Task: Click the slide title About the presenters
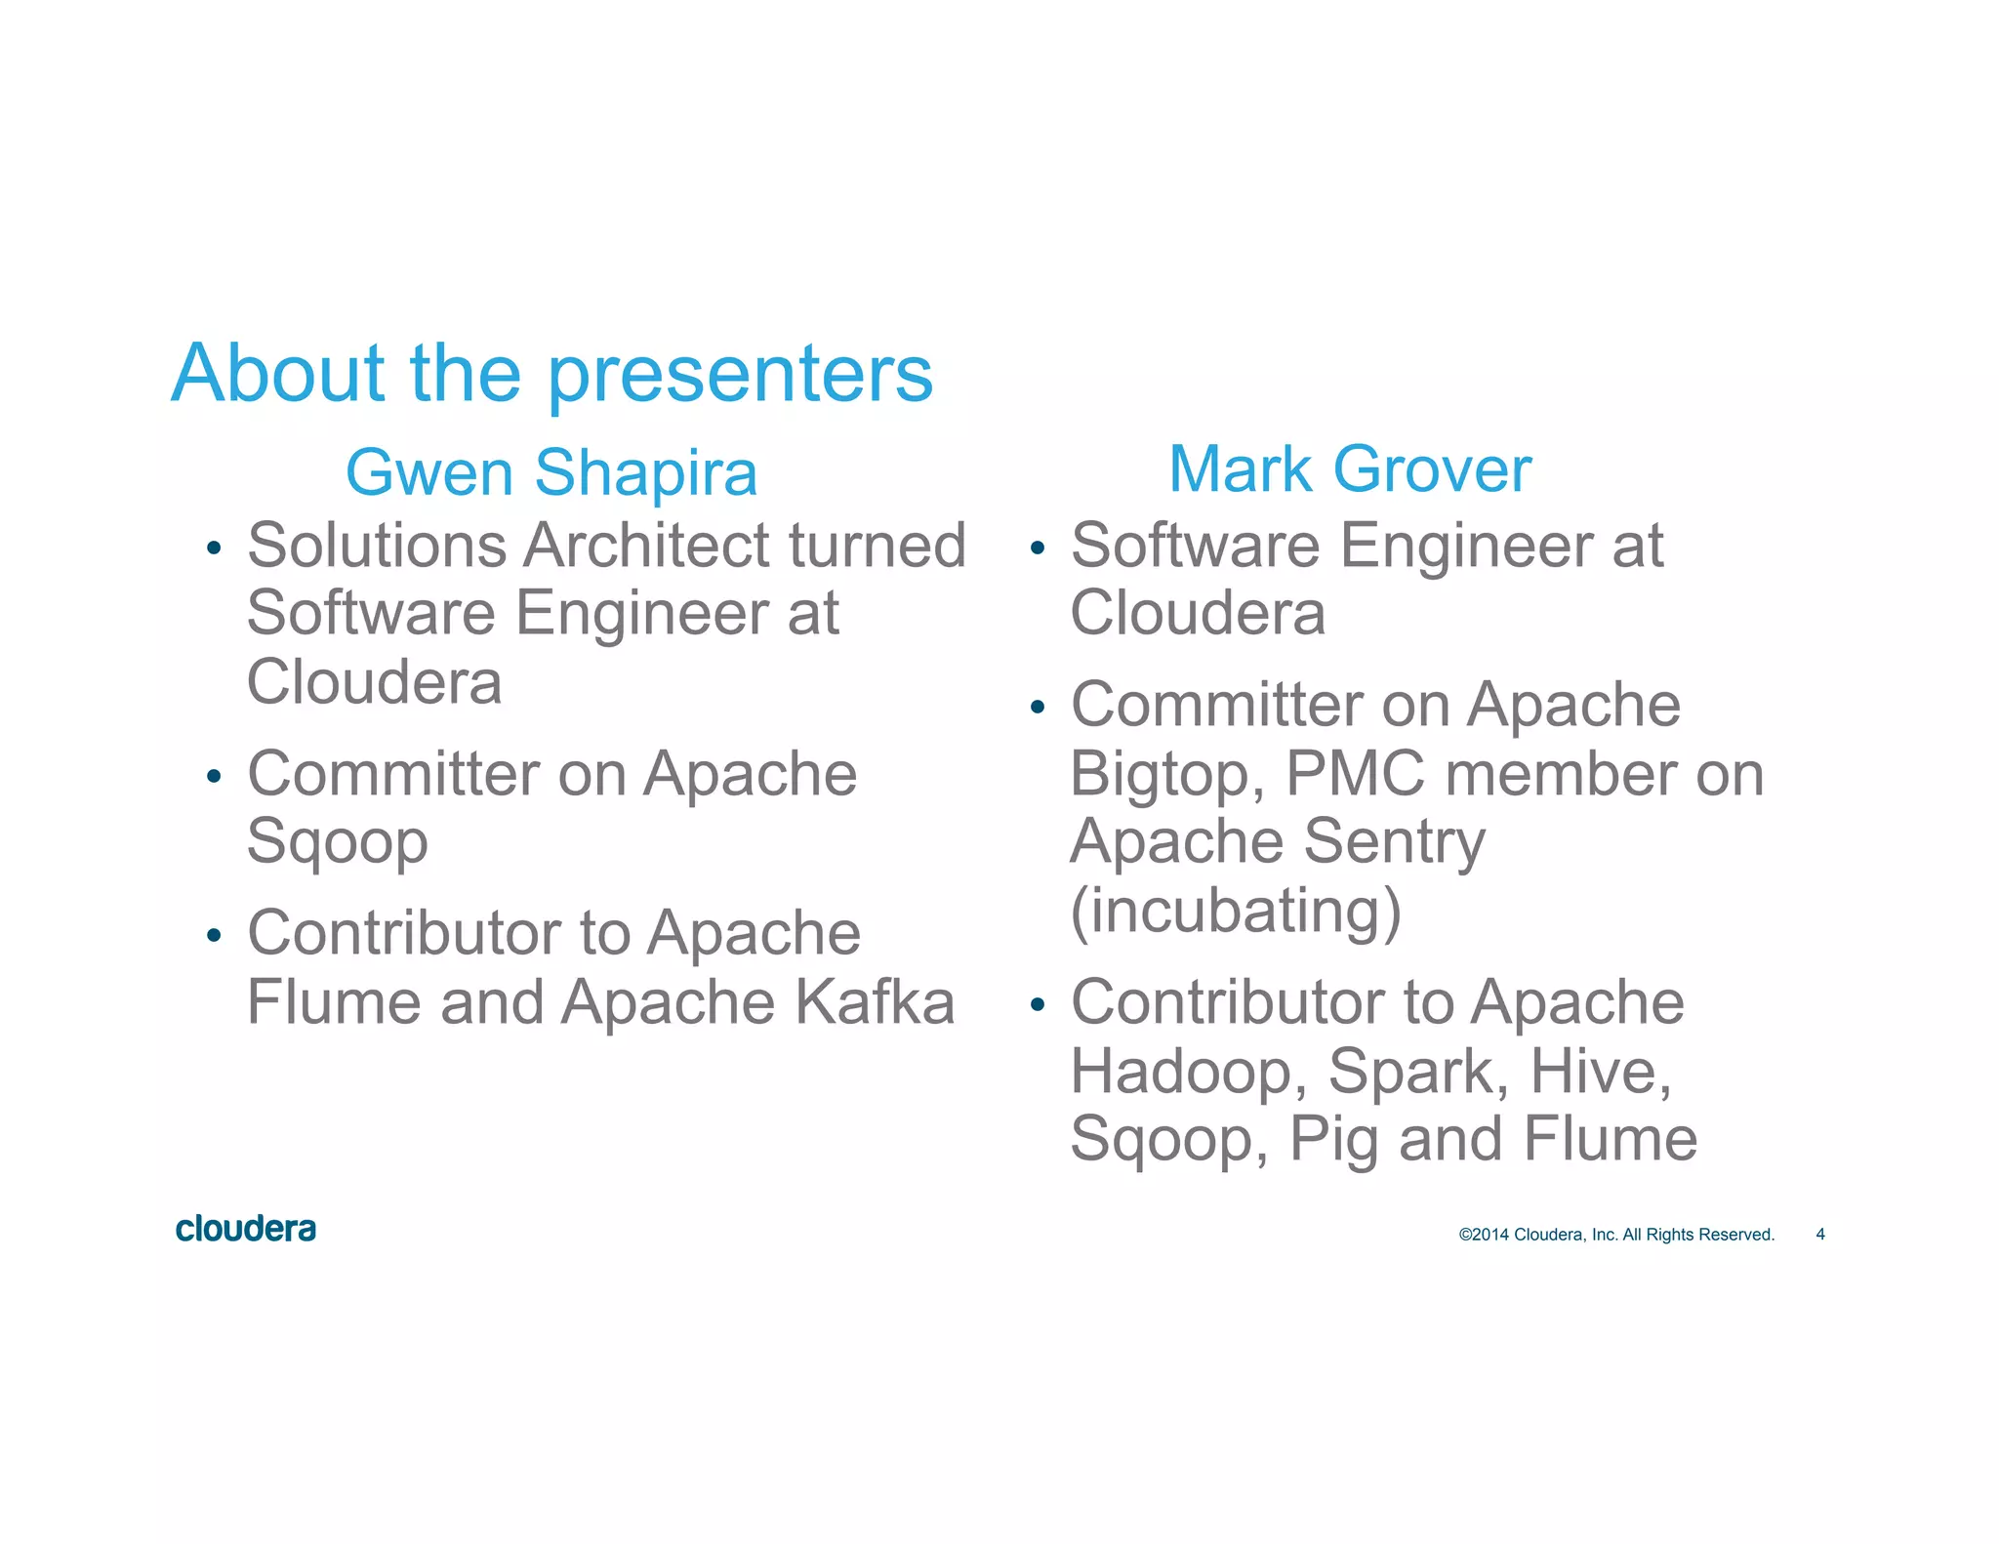coord(552,374)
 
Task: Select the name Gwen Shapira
coord(551,473)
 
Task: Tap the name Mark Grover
coord(1350,469)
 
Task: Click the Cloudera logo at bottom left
coord(246,1229)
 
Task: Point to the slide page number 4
coord(1819,1235)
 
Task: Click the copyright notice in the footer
coord(1616,1235)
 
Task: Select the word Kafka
coord(875,1002)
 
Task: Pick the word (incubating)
coord(1236,911)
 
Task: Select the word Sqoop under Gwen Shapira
coord(338,843)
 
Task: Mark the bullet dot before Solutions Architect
coord(214,549)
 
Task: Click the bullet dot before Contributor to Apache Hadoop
coord(1038,1005)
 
